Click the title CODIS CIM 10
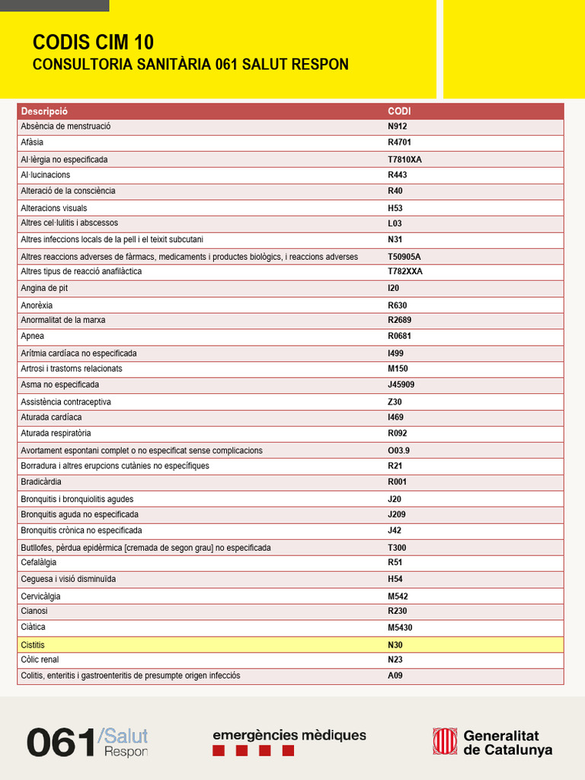(x=93, y=42)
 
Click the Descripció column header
(x=44, y=111)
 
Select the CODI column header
(x=399, y=111)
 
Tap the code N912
(x=398, y=126)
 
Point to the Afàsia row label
(x=32, y=142)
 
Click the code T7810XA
(x=404, y=160)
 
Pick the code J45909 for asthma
(x=401, y=385)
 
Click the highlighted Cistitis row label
(x=33, y=645)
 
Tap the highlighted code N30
(x=395, y=645)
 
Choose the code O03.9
(x=398, y=450)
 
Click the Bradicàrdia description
(x=41, y=482)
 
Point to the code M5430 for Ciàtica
(x=400, y=628)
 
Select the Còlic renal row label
(x=40, y=660)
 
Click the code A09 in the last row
(x=395, y=676)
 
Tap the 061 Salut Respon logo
(x=87, y=742)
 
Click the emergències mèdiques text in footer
(x=289, y=735)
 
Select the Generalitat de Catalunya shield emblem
(x=445, y=741)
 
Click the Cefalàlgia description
(x=38, y=562)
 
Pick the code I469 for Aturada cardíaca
(x=395, y=417)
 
